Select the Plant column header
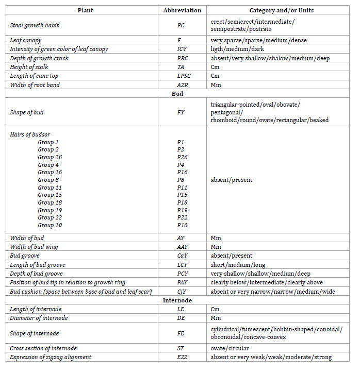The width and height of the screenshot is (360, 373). coord(86,10)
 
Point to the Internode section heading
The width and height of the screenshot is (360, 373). coord(177,300)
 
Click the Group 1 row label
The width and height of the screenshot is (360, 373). coord(48,142)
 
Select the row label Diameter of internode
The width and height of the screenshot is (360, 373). coord(39,318)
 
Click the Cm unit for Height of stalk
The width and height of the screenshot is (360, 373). coord(216,67)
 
